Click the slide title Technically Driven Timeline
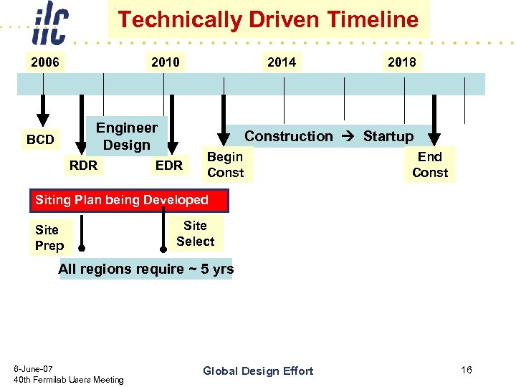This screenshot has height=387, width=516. (268, 19)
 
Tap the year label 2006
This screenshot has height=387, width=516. (44, 62)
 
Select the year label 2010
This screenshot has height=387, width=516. (166, 62)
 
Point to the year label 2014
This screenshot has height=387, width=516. (282, 62)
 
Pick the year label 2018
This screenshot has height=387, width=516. (401, 62)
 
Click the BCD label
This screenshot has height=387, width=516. (40, 140)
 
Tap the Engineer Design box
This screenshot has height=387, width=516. (127, 136)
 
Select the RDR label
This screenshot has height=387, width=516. (83, 166)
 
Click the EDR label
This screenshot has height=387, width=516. (169, 166)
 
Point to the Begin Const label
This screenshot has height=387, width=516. (225, 165)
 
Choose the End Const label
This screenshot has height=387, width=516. (430, 165)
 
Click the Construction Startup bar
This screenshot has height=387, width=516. (329, 136)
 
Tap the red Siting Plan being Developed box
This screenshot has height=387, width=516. (129, 201)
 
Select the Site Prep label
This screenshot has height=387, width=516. (49, 238)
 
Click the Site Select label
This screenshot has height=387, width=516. (196, 234)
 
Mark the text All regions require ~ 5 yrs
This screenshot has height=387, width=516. (146, 269)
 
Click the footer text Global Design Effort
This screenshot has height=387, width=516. (258, 371)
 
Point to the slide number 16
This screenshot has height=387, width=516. (467, 370)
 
